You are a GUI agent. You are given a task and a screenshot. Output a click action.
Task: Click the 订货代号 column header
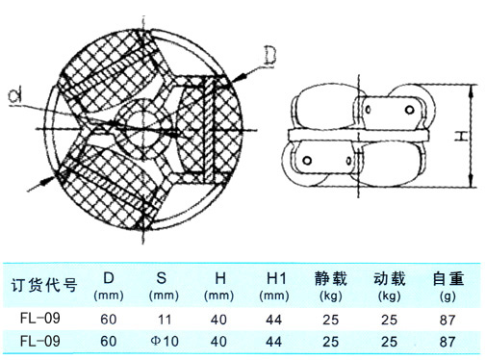click(44, 285)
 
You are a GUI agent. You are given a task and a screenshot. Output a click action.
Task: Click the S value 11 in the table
click(165, 320)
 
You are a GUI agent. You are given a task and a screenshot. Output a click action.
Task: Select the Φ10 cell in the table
click(165, 341)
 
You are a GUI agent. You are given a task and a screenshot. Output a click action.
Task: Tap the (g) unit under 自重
click(448, 296)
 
